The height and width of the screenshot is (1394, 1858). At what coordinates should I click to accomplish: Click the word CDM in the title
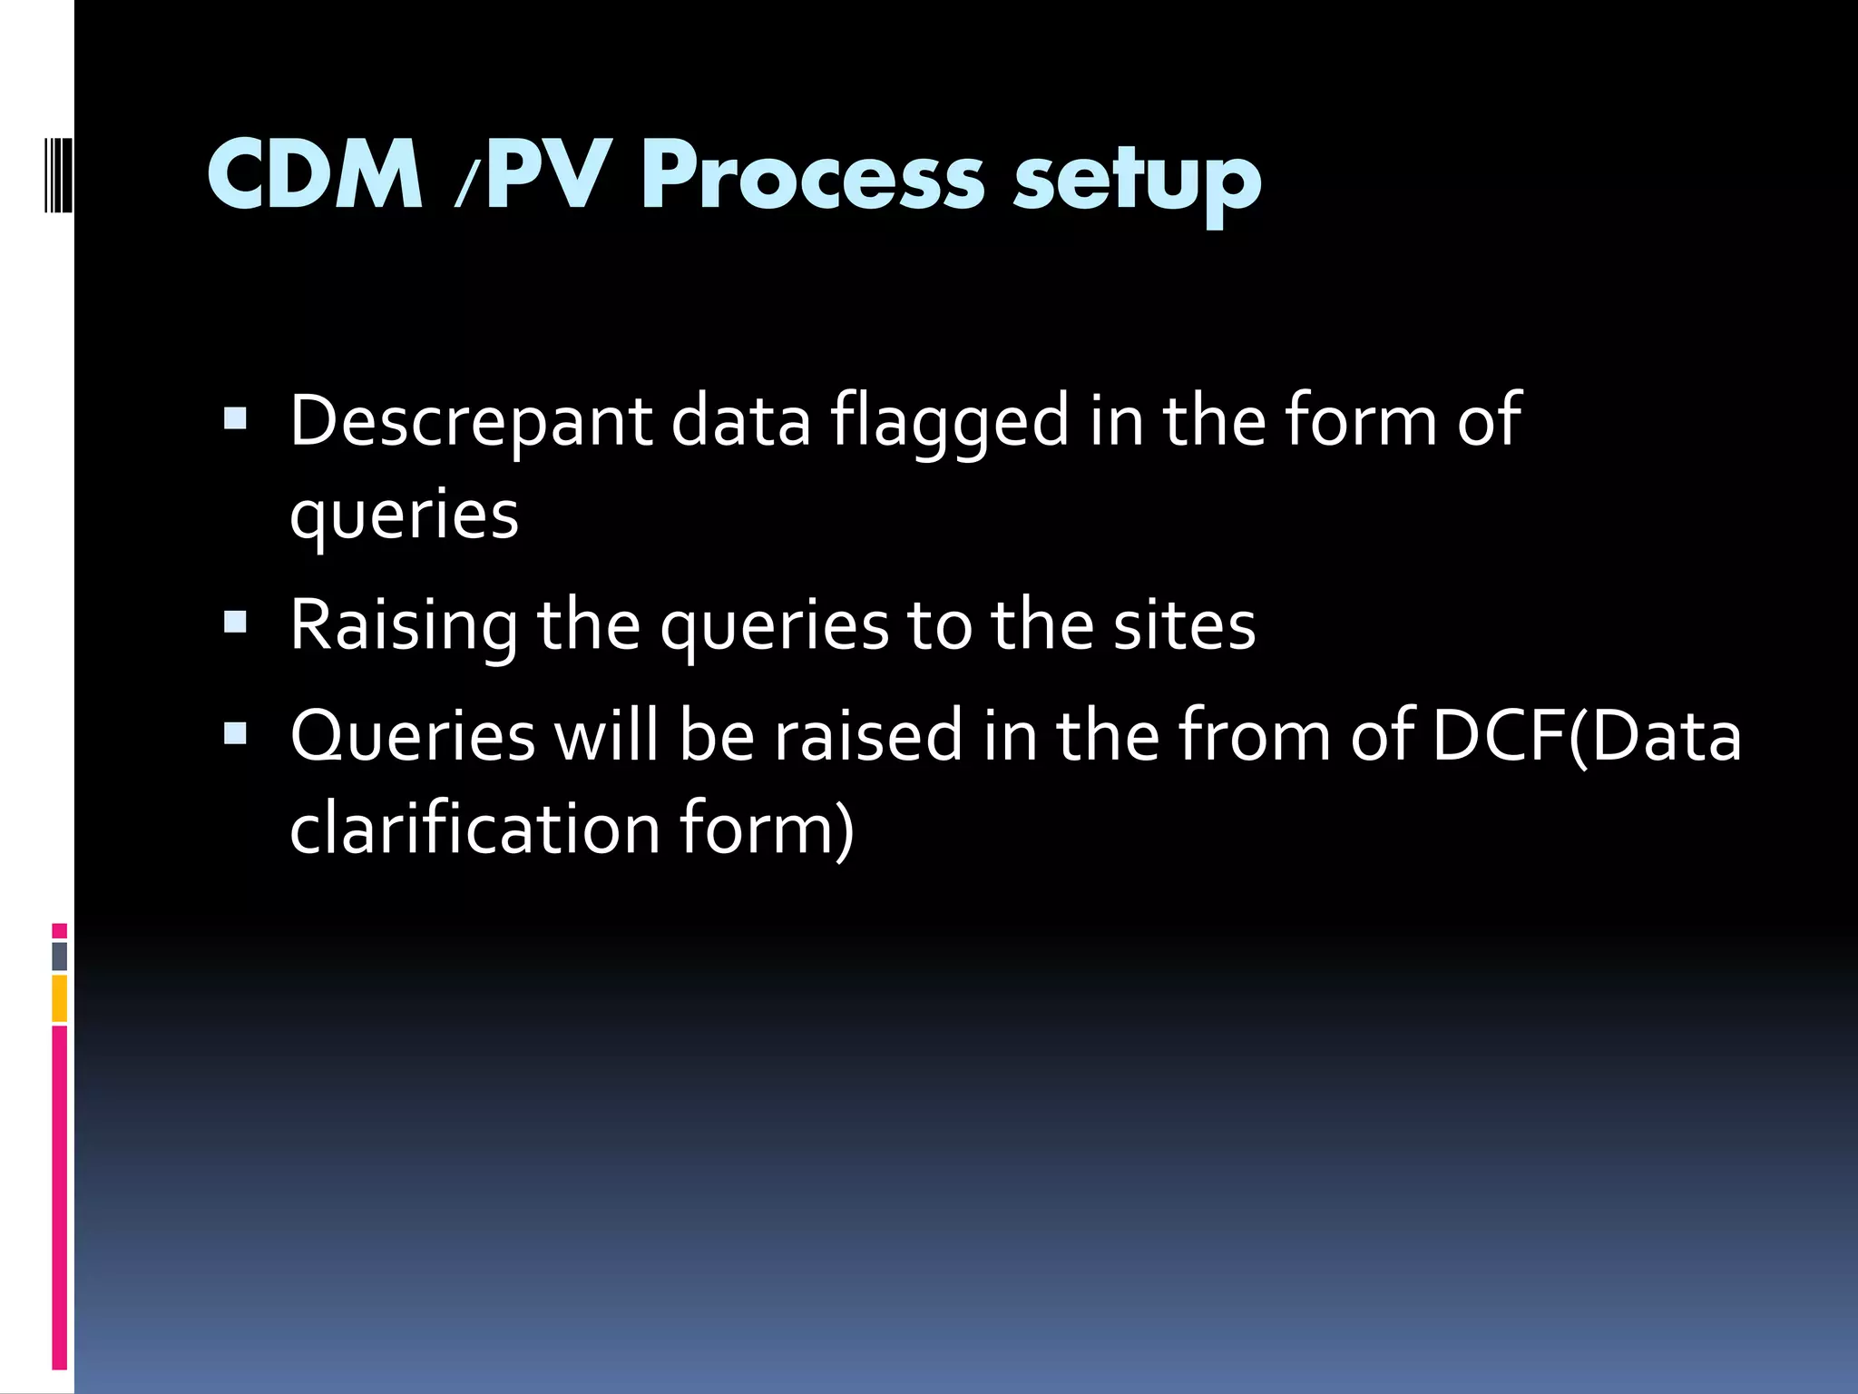(315, 174)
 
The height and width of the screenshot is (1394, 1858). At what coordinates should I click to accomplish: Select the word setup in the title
(1137, 178)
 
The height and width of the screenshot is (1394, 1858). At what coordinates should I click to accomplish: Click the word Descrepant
(470, 421)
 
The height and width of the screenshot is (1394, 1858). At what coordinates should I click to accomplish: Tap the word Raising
(404, 626)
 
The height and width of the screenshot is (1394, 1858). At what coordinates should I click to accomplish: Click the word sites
(1184, 626)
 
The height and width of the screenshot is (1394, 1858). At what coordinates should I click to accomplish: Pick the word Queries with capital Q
(413, 736)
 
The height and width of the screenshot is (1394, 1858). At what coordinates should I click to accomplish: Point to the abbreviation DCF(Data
(1586, 736)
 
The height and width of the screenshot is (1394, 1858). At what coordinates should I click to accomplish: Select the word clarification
(474, 829)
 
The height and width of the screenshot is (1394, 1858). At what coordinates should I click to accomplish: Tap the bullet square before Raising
(235, 622)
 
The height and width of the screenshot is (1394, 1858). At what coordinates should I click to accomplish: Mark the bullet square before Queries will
(235, 732)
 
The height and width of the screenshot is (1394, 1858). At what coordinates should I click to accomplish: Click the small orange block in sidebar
(59, 998)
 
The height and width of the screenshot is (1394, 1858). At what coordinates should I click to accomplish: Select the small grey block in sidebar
(59, 956)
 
